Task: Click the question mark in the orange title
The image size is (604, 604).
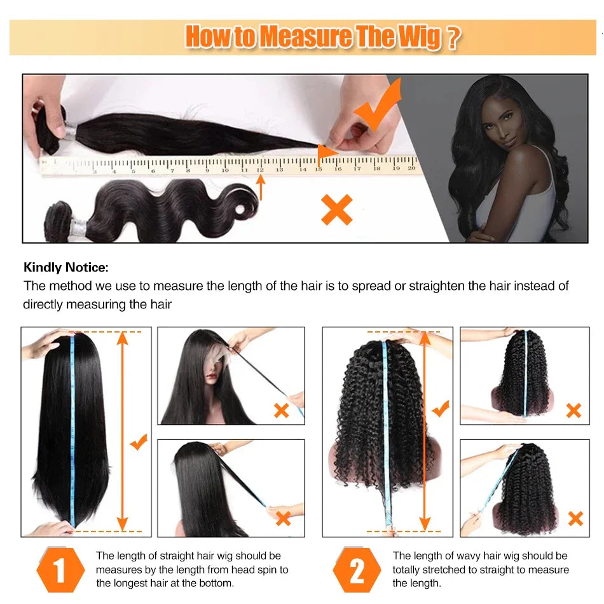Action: coord(452,38)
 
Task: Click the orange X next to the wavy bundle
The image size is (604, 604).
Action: coord(336,210)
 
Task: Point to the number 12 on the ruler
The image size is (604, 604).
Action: coord(260,169)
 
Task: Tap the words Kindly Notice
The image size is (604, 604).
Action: coord(66,268)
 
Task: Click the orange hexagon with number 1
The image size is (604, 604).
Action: coord(61,570)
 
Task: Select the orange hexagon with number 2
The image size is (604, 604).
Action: coord(357,570)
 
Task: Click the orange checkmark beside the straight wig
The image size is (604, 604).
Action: coord(139,441)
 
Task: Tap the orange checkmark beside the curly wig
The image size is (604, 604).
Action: coord(440,409)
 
